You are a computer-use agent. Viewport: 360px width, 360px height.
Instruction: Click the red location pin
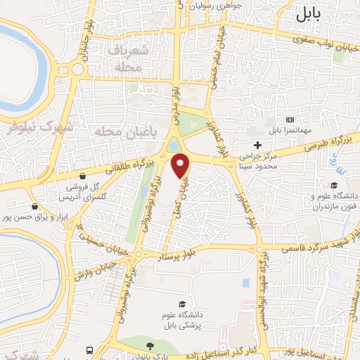(181, 165)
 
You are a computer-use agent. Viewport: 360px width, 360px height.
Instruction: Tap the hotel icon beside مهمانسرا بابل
(290, 120)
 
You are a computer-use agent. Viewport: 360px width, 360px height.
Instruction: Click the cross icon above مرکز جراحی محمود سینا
(258, 144)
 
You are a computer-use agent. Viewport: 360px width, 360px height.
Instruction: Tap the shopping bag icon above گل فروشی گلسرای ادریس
(84, 176)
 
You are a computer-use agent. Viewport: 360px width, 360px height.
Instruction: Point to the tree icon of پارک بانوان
(149, 345)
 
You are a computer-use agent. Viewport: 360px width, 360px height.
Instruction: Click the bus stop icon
(89, 349)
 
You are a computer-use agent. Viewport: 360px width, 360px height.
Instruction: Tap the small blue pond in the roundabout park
(173, 146)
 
